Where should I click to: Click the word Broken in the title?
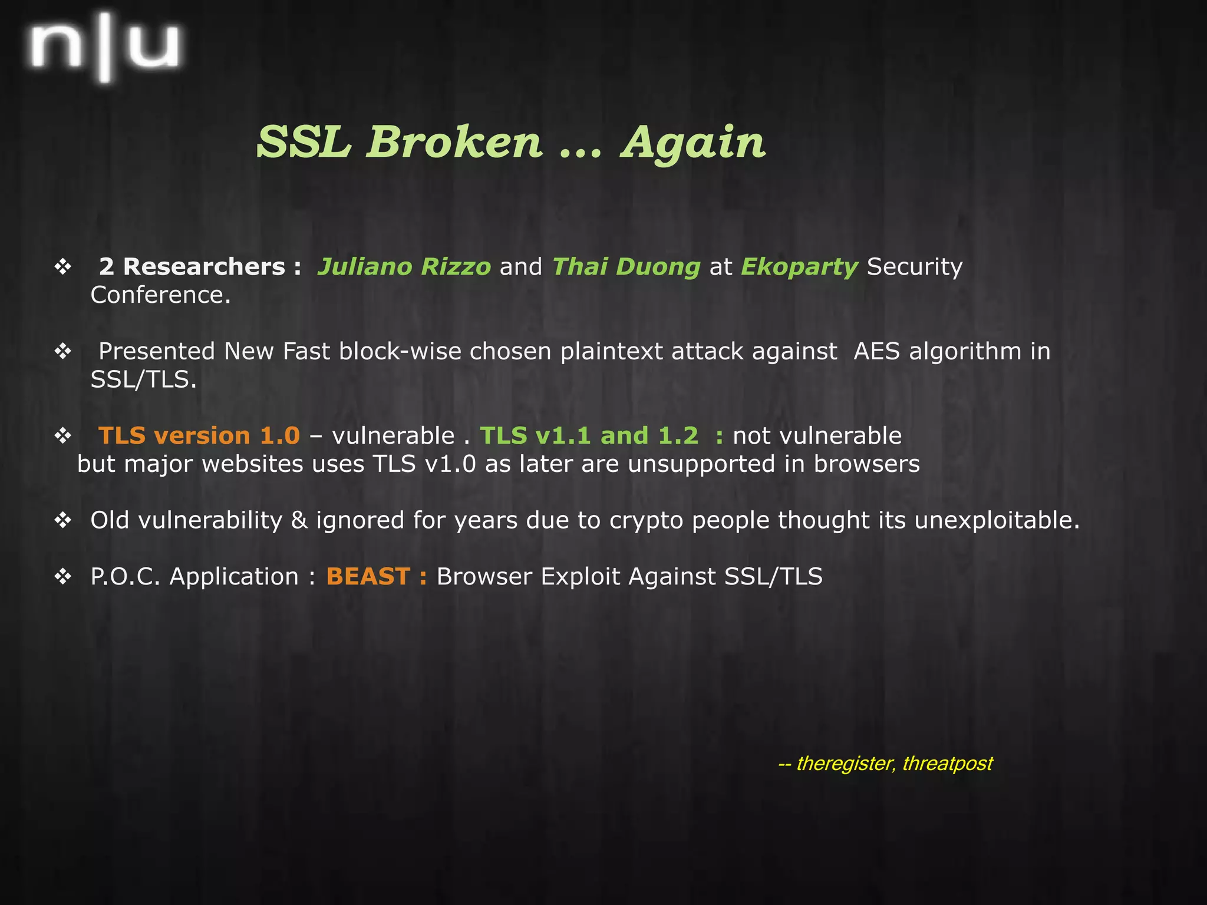(x=453, y=142)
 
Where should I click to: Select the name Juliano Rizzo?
(x=404, y=267)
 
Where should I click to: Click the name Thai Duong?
(x=626, y=267)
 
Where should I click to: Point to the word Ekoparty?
(x=799, y=267)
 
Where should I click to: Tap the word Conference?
(x=160, y=295)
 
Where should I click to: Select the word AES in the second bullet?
(x=876, y=352)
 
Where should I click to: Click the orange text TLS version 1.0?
(x=199, y=436)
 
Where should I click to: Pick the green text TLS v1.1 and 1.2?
(x=589, y=436)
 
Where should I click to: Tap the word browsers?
(x=866, y=464)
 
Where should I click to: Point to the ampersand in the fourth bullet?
(x=299, y=520)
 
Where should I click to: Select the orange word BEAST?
(x=368, y=577)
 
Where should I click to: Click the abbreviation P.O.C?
(x=125, y=577)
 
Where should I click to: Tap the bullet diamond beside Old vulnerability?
(x=62, y=520)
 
